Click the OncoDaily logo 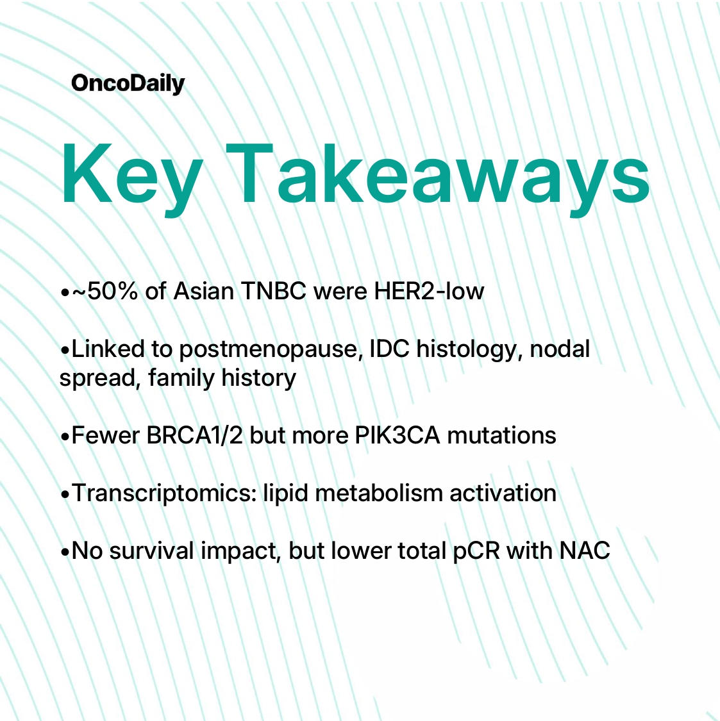pos(128,84)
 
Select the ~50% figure pos(105,291)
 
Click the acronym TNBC pos(273,291)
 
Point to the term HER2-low pos(429,291)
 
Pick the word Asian pos(203,291)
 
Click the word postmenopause pos(268,349)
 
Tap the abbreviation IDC pos(389,349)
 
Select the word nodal pos(560,349)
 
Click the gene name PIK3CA pos(397,435)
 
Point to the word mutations pos(501,435)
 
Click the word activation pos(503,493)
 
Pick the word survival pos(151,551)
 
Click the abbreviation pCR pos(476,551)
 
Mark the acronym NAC pos(585,551)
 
